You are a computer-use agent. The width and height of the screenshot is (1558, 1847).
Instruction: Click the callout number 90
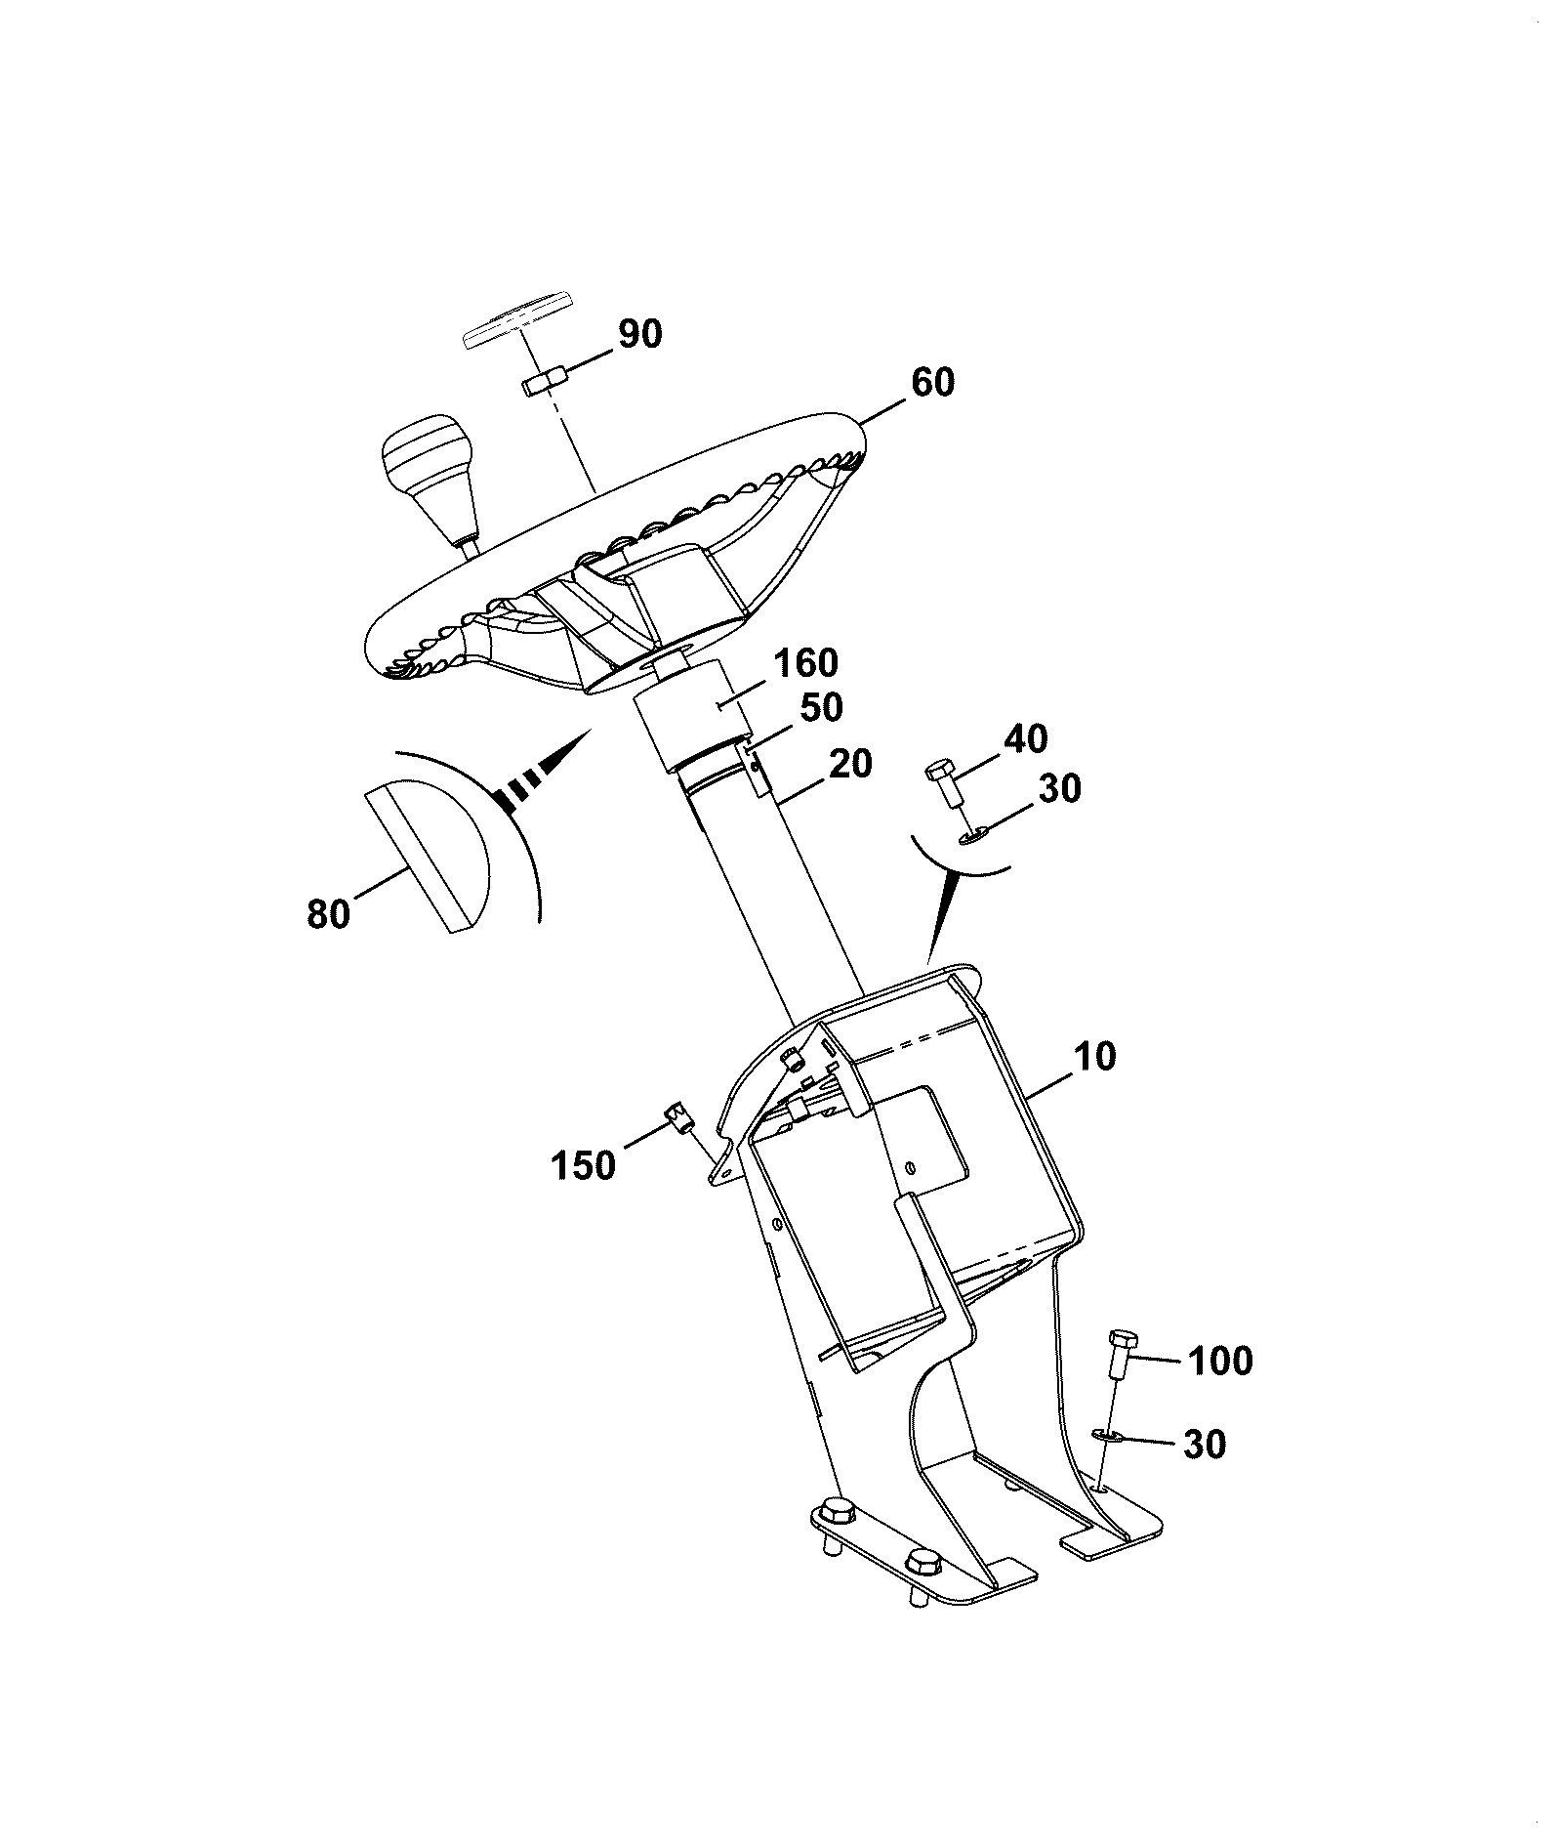click(x=638, y=334)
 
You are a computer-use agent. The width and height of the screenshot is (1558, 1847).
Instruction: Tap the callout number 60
click(x=932, y=382)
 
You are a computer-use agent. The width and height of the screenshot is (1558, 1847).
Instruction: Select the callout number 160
click(x=805, y=663)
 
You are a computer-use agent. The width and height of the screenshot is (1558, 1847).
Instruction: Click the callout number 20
click(x=849, y=763)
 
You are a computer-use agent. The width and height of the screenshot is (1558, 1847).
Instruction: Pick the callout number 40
click(x=1025, y=738)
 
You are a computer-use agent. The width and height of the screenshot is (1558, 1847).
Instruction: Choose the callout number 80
click(x=328, y=914)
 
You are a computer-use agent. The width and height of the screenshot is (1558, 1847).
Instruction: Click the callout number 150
click(x=584, y=1165)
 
